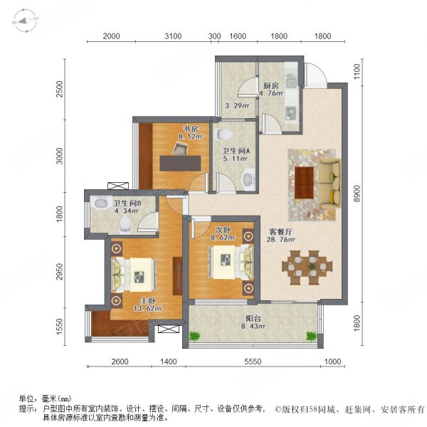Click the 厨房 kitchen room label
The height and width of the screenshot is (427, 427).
tap(269, 83)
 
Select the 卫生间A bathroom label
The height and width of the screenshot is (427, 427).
tap(234, 150)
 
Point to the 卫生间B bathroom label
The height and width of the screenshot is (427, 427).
tap(129, 202)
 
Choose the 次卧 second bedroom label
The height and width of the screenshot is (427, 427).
tap(222, 229)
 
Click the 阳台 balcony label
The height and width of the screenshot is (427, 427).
tap(252, 318)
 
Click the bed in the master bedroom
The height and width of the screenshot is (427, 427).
tap(135, 270)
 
